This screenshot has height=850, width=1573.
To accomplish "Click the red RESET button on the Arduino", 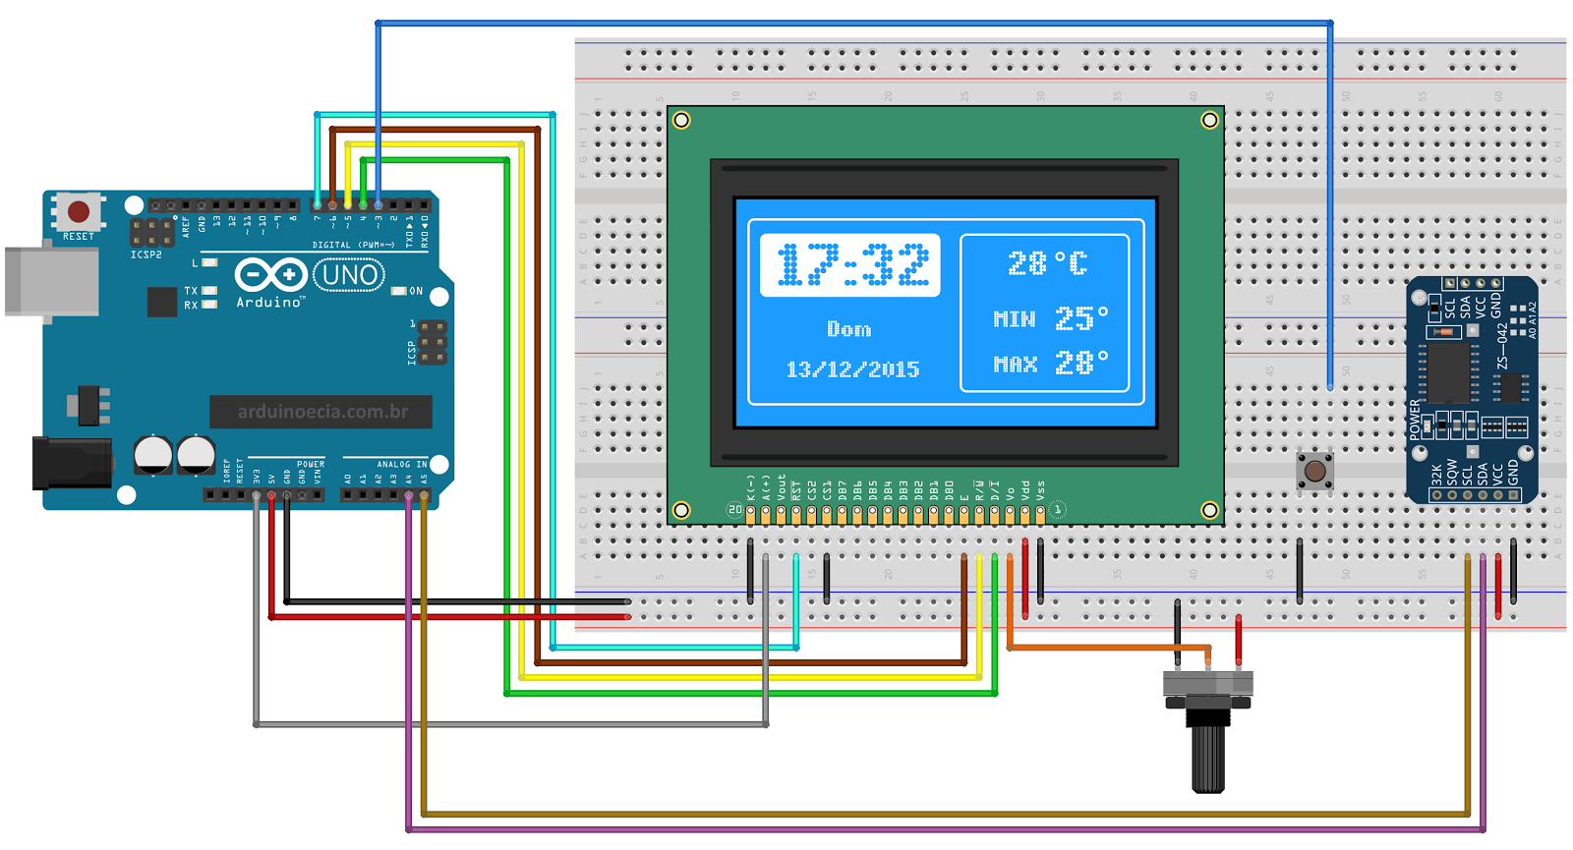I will [x=79, y=211].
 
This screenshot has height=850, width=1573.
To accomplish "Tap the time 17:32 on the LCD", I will [x=851, y=265].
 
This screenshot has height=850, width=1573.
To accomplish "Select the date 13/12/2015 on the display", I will [x=852, y=369].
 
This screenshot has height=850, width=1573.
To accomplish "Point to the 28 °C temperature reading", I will [x=1047, y=263].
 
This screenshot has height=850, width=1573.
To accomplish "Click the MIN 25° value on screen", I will [x=1050, y=318].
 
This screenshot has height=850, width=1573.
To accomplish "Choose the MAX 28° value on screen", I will [x=1050, y=364].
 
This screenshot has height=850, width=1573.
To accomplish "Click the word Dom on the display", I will [x=848, y=329].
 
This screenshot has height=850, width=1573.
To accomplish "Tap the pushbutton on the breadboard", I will [x=1314, y=471].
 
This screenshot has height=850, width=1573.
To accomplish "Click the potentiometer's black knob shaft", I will [x=1208, y=757].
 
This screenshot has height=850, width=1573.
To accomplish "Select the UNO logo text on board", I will [x=349, y=275].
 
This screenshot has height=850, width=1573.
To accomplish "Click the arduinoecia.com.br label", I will [x=321, y=412].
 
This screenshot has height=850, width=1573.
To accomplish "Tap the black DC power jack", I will [x=69, y=463].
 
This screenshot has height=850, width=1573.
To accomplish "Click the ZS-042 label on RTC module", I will [x=1501, y=346].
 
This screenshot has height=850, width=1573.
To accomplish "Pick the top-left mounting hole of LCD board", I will [x=681, y=120].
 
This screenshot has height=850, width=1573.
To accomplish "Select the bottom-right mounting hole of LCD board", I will [x=1209, y=510].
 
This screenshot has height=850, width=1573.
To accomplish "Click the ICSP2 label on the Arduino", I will [x=146, y=255].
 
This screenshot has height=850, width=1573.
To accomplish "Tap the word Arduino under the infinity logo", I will [x=268, y=303].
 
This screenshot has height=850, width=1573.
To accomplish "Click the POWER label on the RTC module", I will [x=1416, y=419].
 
